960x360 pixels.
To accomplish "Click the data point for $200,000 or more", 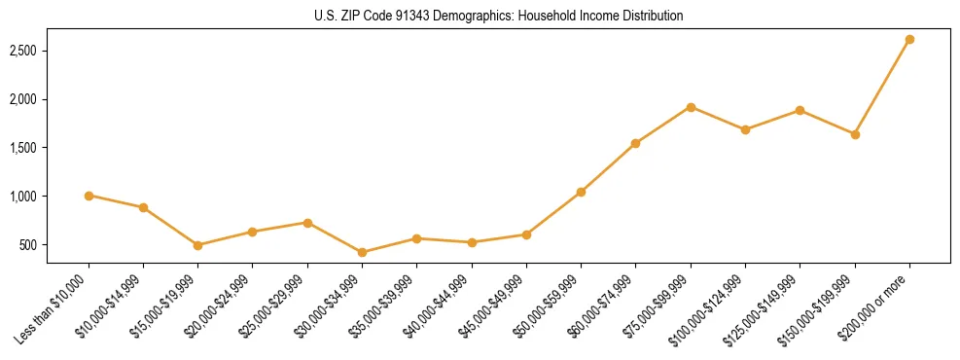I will (909, 40).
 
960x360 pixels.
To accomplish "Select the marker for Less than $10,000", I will (89, 196).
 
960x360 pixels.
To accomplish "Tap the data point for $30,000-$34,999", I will (362, 252).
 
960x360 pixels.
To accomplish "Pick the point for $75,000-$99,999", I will (691, 107).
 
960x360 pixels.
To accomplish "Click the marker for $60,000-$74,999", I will (636, 143).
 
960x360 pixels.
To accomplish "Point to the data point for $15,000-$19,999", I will (197, 245).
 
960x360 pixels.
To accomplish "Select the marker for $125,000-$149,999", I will (800, 110).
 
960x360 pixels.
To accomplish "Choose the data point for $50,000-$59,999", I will (581, 192).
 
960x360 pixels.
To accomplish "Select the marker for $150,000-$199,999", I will (855, 134).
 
